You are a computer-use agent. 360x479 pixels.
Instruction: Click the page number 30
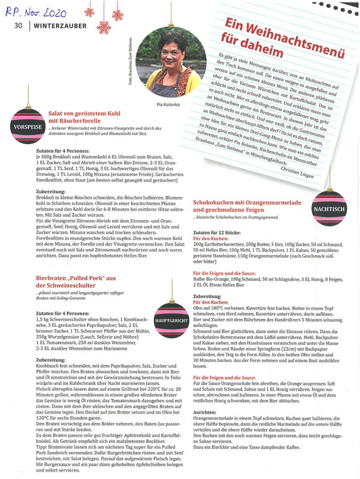coord(18,25)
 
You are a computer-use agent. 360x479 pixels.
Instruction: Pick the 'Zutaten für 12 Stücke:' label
coord(216,234)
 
